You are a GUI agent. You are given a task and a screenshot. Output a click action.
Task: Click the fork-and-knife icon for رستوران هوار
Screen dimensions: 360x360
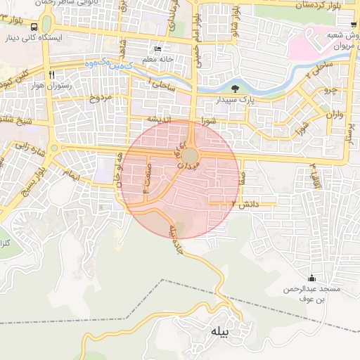click(52, 75)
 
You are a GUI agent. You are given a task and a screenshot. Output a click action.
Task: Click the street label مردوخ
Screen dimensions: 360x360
click(98, 98)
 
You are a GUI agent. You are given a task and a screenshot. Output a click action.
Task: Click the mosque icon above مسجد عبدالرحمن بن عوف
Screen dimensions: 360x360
click(311, 278)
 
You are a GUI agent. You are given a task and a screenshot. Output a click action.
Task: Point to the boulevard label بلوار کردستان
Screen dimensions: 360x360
click(325, 6)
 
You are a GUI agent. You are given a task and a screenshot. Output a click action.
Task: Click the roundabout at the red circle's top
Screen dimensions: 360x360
click(191, 153)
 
